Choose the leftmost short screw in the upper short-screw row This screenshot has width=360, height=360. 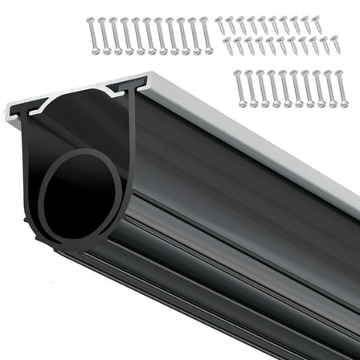pos(220,25)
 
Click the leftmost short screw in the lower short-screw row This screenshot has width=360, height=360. pos(227,46)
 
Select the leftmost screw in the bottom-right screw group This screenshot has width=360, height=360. pos(239,87)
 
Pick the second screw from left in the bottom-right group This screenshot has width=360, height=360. pos(251,87)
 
